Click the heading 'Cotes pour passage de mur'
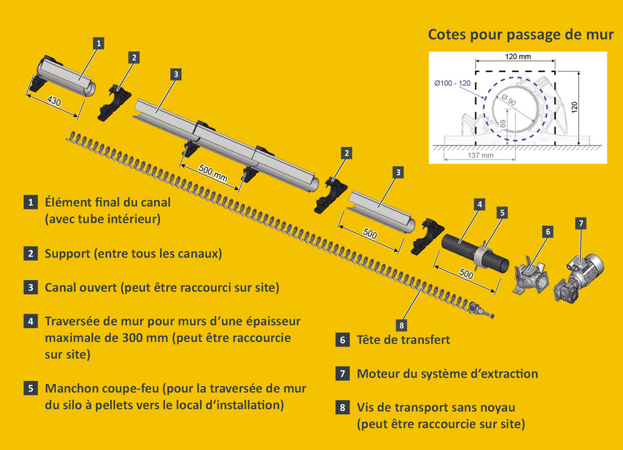521,34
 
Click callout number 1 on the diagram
99,43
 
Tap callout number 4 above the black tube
480,204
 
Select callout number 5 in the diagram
502,213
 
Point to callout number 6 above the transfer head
548,231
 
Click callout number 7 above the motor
581,223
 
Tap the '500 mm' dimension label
213,171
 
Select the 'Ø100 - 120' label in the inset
452,82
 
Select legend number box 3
30,287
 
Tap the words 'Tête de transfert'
403,340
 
